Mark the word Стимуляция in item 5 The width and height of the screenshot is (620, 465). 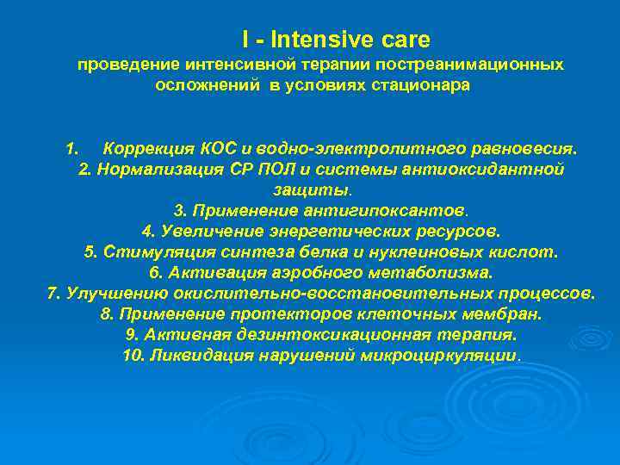(x=147, y=252)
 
